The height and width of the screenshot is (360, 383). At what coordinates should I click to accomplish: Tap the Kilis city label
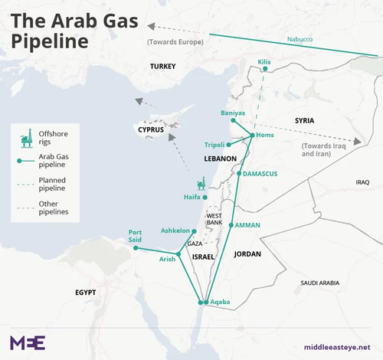click(265, 61)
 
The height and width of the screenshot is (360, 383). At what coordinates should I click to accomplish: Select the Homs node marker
click(253, 136)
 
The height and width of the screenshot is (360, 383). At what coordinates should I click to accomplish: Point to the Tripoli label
click(215, 145)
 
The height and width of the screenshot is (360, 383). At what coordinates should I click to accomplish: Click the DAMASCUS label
click(260, 174)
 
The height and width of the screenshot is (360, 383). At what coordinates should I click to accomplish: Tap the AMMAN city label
click(247, 225)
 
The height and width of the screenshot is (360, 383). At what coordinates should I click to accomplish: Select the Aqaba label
click(220, 303)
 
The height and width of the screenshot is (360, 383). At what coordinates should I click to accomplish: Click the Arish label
click(167, 260)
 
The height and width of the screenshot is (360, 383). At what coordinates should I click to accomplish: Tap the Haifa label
click(192, 197)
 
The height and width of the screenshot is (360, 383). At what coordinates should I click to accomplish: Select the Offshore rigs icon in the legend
click(25, 136)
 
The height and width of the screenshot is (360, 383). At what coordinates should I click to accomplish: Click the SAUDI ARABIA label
click(319, 283)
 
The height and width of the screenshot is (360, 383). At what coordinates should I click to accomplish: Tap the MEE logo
click(28, 342)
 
